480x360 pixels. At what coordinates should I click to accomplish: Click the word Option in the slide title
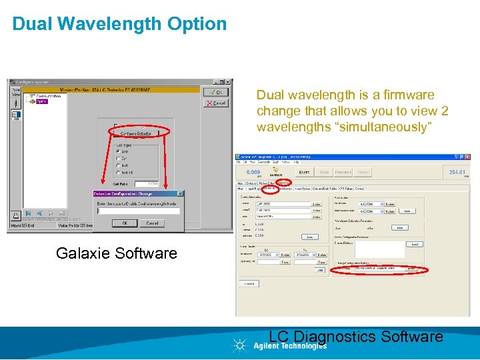192,24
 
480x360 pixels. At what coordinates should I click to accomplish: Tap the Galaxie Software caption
117,253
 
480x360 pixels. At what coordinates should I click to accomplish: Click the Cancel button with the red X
215,103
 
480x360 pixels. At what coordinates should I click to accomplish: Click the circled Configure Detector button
135,133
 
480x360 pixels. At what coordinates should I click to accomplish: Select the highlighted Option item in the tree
41,102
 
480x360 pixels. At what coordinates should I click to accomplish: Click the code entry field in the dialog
138,211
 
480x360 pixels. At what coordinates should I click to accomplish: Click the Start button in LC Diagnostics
304,172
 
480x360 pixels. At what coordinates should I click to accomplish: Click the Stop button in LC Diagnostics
324,172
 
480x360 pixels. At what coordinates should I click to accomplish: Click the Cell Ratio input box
147,183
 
